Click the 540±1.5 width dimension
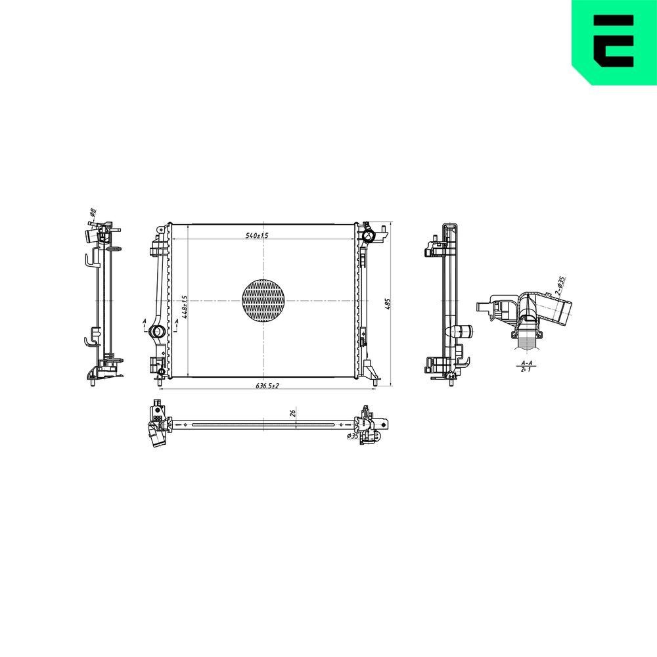257,235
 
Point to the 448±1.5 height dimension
186,306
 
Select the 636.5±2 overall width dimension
267,386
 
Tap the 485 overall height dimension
388,304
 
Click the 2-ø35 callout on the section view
560,283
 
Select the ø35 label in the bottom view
353,436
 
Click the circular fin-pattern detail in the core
264,301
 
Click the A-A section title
526,363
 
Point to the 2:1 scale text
526,370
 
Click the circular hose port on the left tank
158,331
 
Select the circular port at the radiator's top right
369,235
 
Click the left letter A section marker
145,322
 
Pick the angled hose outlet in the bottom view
157,439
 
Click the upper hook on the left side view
89,261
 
